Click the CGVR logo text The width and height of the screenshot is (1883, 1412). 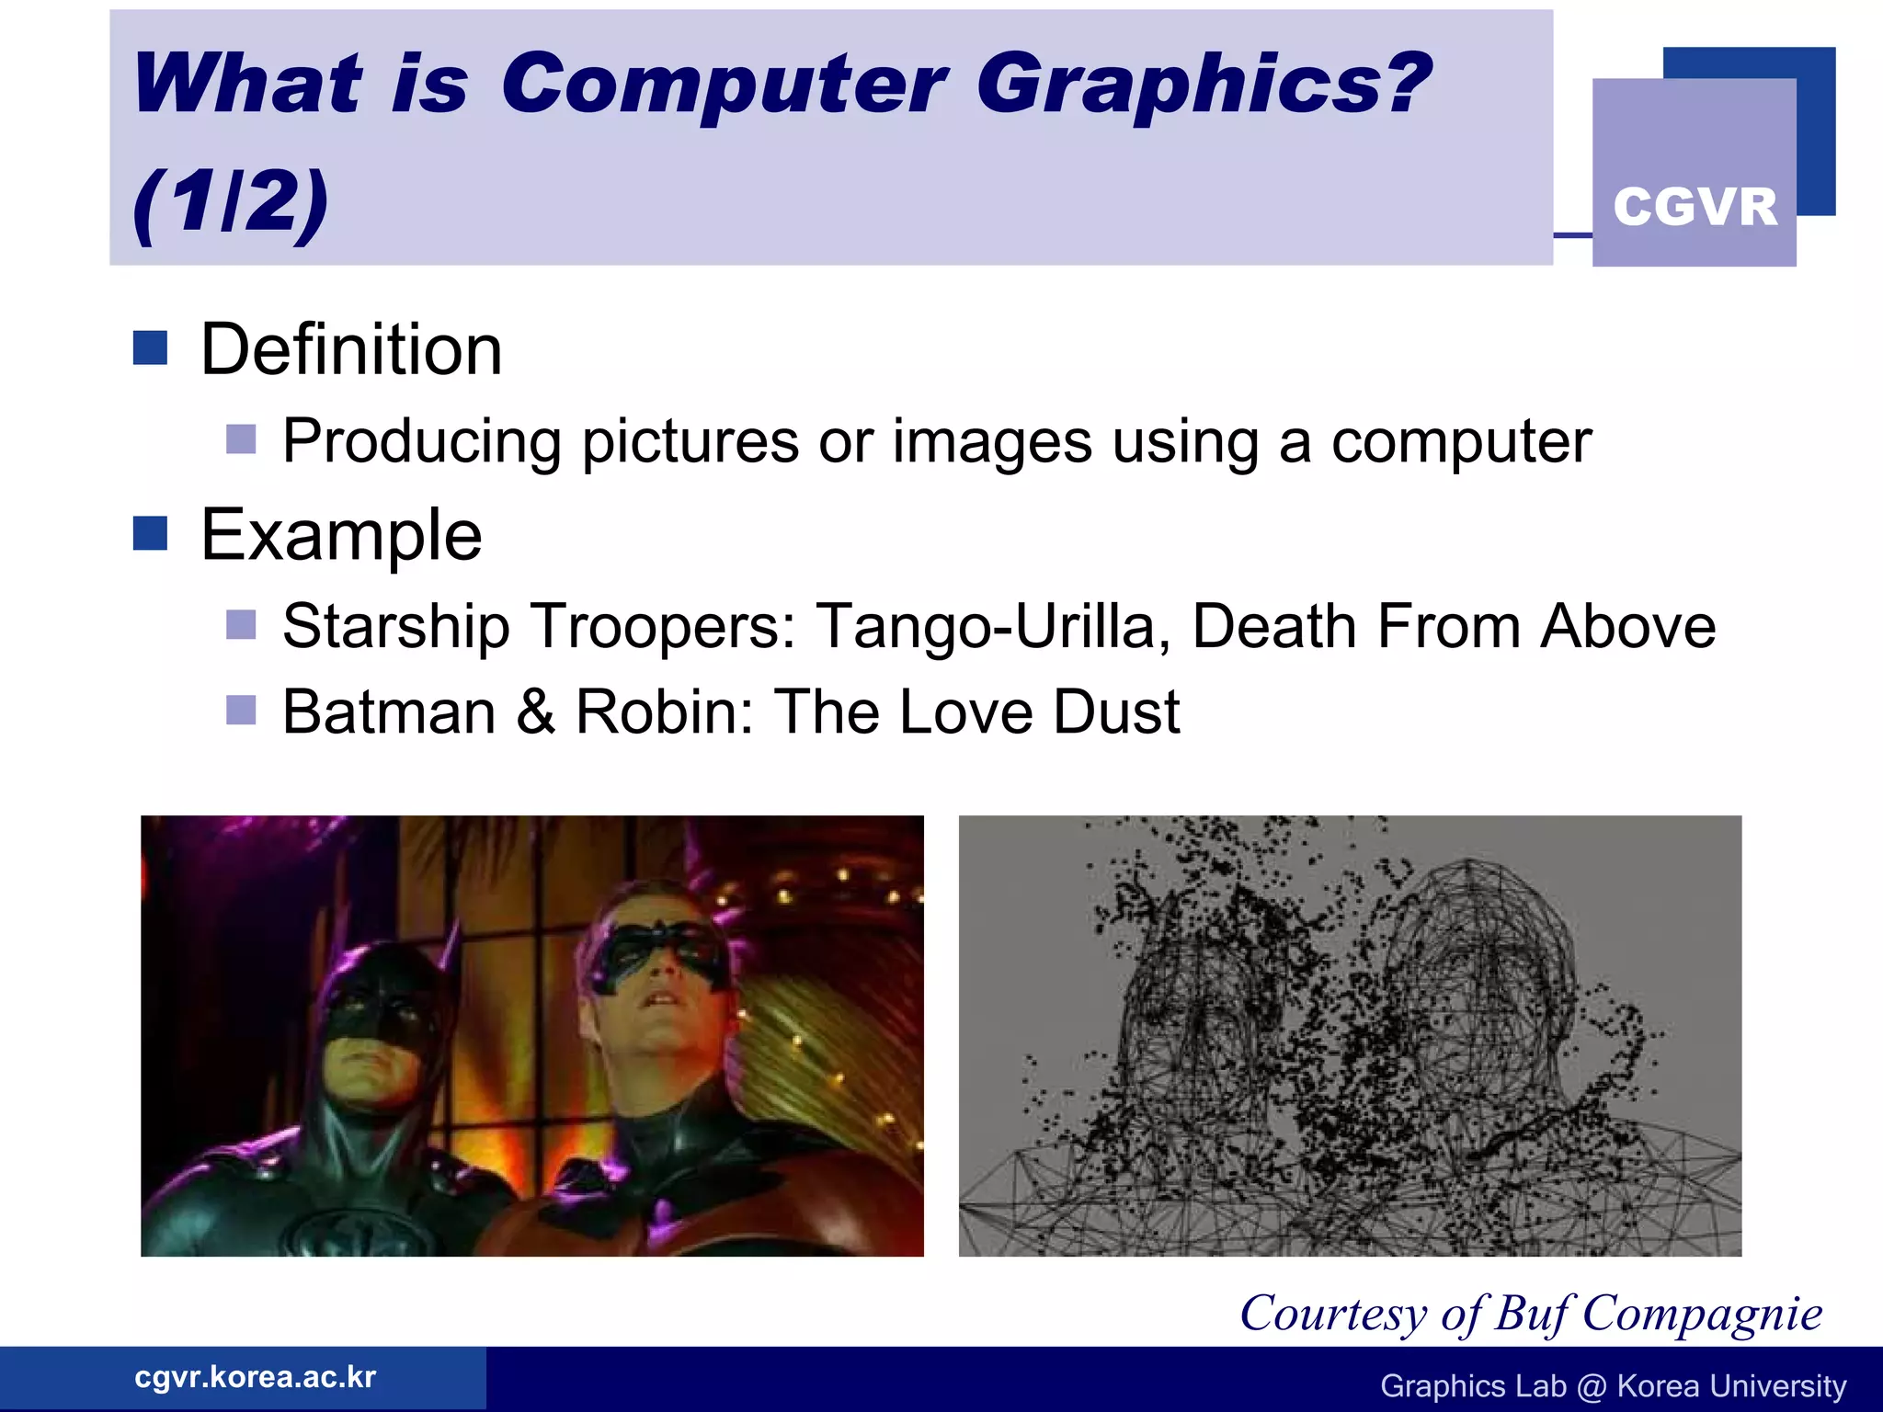[x=1695, y=206]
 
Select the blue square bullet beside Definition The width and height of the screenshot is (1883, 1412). [x=150, y=348]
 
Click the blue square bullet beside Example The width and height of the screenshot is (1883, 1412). [x=150, y=533]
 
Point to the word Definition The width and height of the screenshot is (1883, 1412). [x=351, y=350]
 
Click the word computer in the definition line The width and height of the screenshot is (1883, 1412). [x=1461, y=442]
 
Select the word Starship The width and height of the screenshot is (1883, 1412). [x=395, y=627]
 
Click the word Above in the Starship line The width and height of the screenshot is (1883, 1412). [x=1627, y=627]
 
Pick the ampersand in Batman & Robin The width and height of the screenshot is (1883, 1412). [x=536, y=712]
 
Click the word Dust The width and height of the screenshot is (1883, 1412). [x=1116, y=712]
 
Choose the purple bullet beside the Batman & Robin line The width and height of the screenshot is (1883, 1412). [x=241, y=711]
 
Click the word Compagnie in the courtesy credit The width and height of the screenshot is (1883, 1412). [x=1702, y=1314]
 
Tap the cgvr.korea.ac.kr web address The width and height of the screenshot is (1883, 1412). [x=255, y=1377]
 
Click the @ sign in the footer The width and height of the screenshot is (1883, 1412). [x=1592, y=1386]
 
